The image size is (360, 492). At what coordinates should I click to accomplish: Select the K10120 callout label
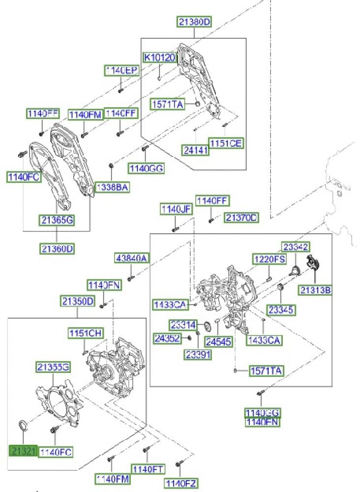click(x=159, y=58)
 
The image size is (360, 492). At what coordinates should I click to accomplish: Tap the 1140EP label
click(x=121, y=71)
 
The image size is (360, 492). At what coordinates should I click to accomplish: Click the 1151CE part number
click(x=226, y=143)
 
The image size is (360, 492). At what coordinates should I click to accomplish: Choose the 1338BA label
click(x=112, y=187)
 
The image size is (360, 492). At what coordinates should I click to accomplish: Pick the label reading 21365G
click(x=57, y=220)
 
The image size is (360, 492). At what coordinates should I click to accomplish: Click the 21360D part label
click(x=57, y=249)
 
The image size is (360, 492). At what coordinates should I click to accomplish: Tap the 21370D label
click(x=242, y=217)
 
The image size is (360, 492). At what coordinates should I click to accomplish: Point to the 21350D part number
click(x=78, y=301)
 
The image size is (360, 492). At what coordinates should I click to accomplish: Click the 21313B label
click(x=316, y=291)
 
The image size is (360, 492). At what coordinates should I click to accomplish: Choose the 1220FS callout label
click(x=270, y=259)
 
